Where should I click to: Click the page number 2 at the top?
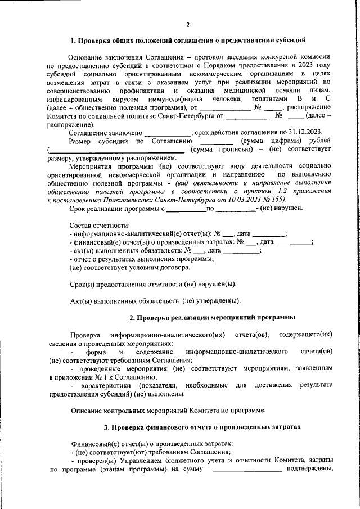point(188,24)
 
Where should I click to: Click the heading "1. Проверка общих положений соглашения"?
point(188,41)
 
